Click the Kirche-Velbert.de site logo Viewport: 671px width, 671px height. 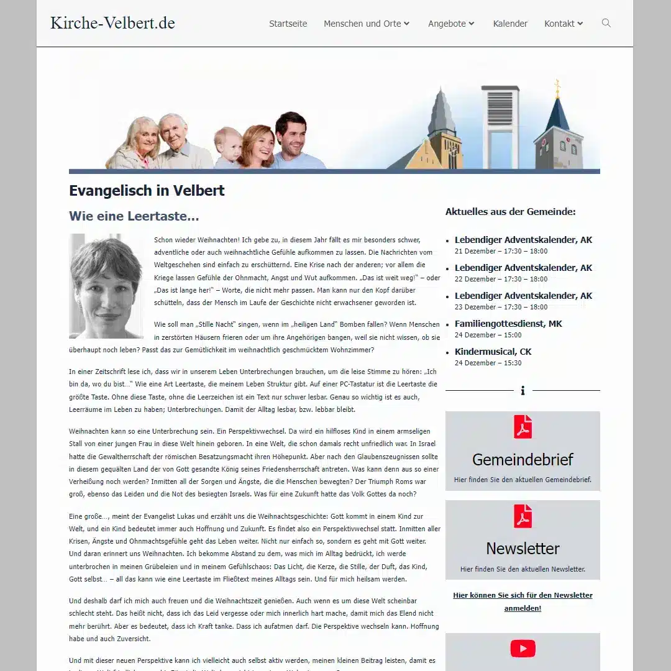pyautogui.click(x=112, y=23)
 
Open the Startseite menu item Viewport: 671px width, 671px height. pyautogui.click(x=288, y=24)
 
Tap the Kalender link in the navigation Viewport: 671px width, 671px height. pyautogui.click(x=510, y=24)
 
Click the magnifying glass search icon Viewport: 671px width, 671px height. pyautogui.click(x=606, y=23)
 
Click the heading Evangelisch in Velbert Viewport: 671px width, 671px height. pyautogui.click(x=147, y=191)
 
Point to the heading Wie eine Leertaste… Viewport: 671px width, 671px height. pyautogui.click(x=134, y=216)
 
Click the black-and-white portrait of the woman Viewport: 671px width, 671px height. pyautogui.click(x=106, y=286)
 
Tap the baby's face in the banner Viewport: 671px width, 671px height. pyautogui.click(x=228, y=142)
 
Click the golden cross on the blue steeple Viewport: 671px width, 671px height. pyautogui.click(x=557, y=87)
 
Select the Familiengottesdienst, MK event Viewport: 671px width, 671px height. pyautogui.click(x=508, y=324)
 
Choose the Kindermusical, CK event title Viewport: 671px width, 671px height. pyautogui.click(x=493, y=352)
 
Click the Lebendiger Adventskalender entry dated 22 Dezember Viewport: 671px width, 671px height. pyautogui.click(x=523, y=268)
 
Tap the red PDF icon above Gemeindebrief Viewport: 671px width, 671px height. pyautogui.click(x=523, y=427)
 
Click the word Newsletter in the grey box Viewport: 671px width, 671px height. pyautogui.click(x=523, y=549)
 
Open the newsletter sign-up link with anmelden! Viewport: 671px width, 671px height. pyautogui.click(x=523, y=601)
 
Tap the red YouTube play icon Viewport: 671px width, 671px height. pyautogui.click(x=523, y=649)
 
